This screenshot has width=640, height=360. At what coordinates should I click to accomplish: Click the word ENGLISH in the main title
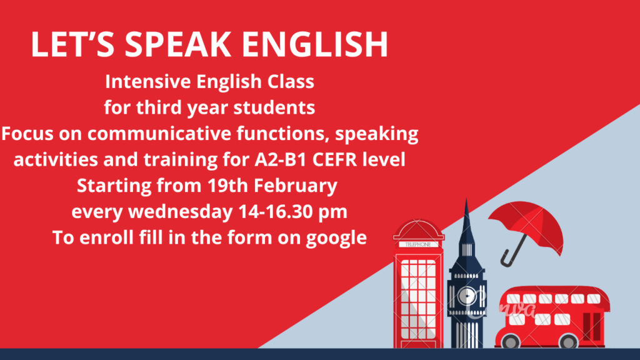[x=315, y=44]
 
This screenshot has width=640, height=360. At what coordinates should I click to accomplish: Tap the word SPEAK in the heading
[x=177, y=44]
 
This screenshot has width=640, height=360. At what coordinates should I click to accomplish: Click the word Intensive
[x=147, y=81]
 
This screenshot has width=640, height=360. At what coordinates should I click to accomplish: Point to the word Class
[x=291, y=81]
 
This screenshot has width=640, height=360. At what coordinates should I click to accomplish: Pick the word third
[x=159, y=107]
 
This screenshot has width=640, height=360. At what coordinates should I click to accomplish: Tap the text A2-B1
[x=281, y=159]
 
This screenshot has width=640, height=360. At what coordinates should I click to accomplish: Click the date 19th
[x=227, y=186]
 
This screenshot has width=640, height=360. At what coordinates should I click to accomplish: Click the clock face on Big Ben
[x=467, y=296]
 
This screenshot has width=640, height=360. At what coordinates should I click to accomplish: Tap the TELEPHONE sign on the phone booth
[x=418, y=244]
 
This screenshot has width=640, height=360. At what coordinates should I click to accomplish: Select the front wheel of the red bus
[x=511, y=341]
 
